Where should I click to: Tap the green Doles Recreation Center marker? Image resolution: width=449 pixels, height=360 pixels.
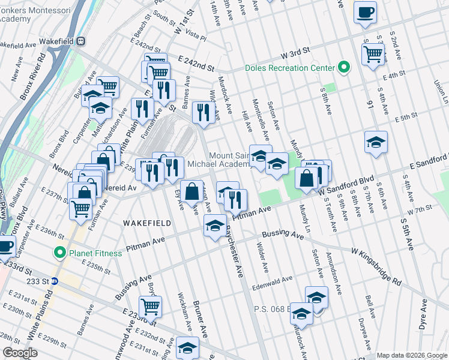[344, 67]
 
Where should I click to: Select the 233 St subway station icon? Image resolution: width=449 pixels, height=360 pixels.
[54, 280]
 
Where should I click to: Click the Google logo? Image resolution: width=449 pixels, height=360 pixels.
[19, 353]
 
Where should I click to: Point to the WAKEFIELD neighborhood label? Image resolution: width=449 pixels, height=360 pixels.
[146, 223]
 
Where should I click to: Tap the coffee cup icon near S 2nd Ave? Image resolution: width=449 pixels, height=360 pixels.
[365, 12]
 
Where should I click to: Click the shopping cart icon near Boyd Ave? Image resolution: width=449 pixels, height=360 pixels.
[150, 307]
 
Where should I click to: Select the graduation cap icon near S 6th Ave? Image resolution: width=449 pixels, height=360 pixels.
[376, 142]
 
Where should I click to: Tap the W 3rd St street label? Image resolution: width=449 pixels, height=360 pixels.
[297, 52]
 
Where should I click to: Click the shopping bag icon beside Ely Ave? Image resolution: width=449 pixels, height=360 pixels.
[191, 193]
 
